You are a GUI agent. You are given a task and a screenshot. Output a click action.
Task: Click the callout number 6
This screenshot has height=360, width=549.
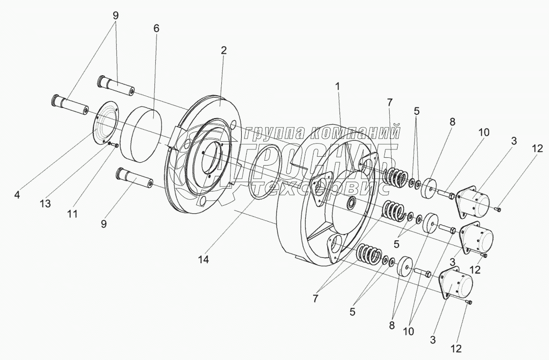click(156, 29)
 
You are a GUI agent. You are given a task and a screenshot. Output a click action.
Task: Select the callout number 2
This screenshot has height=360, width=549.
click(224, 50)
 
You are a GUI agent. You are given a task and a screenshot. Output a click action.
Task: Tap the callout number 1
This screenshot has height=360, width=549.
click(338, 87)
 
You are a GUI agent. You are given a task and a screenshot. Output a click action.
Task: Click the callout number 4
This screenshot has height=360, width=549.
click(17, 194)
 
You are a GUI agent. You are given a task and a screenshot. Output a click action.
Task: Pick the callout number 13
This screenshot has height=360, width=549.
click(45, 204)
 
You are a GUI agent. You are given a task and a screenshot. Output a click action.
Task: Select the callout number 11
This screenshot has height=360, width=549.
click(72, 213)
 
